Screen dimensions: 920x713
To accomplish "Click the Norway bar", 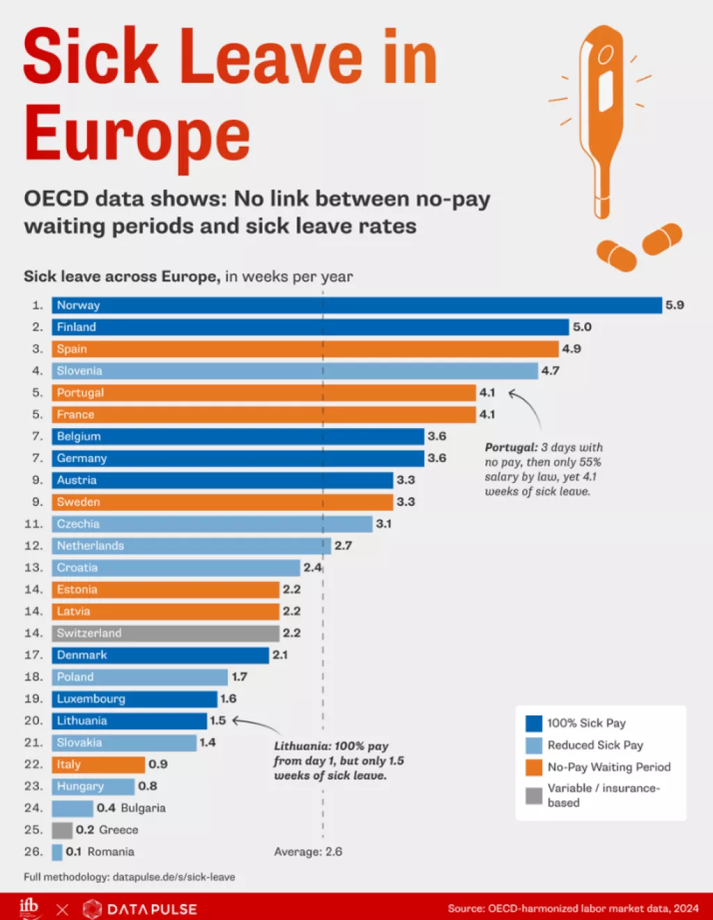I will point(356,306).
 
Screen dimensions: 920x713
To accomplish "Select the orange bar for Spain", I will point(305,349).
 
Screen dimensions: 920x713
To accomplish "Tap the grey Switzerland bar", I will point(166,633).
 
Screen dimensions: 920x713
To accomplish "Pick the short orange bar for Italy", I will point(98,764).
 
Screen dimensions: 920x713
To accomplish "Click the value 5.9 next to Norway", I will point(675,305).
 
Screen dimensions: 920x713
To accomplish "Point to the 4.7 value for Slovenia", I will point(550,371).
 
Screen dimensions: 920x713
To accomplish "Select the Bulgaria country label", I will point(143,808).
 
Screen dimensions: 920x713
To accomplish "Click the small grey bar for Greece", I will point(62,830).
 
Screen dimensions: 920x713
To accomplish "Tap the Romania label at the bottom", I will point(111,852).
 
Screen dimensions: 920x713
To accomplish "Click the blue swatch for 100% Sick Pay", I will point(534,724).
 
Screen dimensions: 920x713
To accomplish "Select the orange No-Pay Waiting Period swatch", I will point(534,768).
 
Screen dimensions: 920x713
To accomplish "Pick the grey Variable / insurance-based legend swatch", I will point(534,795).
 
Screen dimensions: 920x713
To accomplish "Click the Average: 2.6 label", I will point(308,852).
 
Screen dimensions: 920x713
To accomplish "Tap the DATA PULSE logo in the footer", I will point(140,909).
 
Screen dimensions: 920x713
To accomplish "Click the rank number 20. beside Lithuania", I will point(33,721).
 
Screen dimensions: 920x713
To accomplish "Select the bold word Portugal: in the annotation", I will point(511,447).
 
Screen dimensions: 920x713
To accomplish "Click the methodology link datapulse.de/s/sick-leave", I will point(173,877).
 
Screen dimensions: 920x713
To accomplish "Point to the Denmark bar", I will point(160,655).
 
